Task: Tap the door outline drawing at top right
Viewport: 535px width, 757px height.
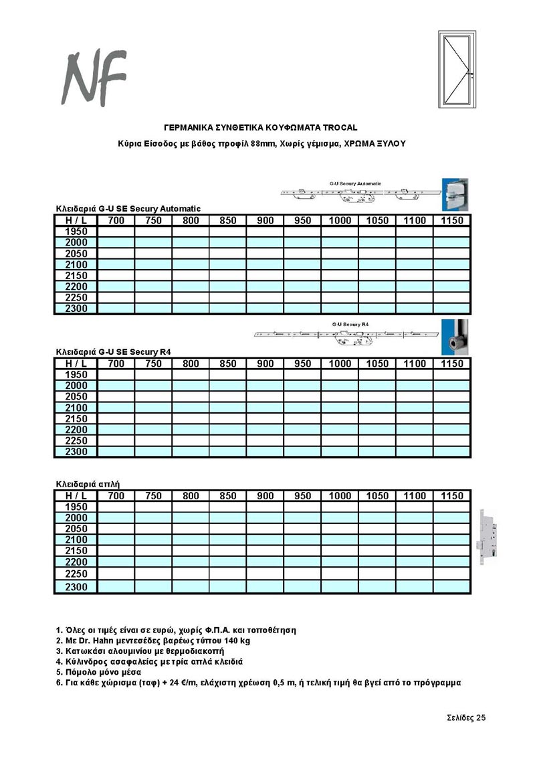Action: click(x=457, y=68)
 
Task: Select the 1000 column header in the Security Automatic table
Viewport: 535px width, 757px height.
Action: click(x=340, y=221)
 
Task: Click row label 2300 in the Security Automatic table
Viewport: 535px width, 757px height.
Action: click(x=76, y=309)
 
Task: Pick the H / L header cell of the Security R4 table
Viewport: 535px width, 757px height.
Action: click(x=76, y=363)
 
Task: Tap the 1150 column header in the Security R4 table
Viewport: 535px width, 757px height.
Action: click(x=452, y=363)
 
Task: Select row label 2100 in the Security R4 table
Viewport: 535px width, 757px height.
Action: click(x=76, y=408)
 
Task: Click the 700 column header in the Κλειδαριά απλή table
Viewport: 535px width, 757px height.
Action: click(x=116, y=496)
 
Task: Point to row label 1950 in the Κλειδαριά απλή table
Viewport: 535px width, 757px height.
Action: click(x=76, y=507)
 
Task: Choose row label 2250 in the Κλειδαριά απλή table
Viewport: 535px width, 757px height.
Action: click(x=76, y=574)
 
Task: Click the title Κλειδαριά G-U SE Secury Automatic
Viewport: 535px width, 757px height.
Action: click(x=128, y=209)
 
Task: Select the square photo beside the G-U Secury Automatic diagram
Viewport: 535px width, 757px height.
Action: click(x=457, y=194)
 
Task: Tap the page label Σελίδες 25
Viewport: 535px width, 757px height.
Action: click(x=466, y=718)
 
